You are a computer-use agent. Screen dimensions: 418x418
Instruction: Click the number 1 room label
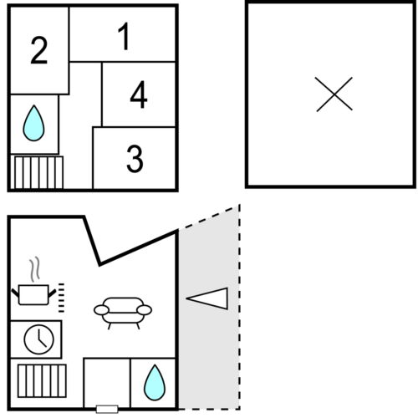click(124, 37)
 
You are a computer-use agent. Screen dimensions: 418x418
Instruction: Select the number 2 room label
click(39, 50)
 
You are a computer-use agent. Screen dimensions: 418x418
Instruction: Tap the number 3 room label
click(135, 159)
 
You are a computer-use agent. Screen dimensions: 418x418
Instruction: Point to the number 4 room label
click(139, 94)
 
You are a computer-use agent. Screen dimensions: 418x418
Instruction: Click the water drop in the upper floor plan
click(33, 123)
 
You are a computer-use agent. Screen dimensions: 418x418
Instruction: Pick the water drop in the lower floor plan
click(155, 382)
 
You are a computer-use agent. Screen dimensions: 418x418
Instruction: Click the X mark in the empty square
click(334, 94)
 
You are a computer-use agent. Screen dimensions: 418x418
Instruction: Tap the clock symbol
click(39, 339)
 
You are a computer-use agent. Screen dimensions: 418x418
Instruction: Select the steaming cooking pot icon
click(33, 281)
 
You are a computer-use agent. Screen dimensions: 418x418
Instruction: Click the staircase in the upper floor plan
click(38, 172)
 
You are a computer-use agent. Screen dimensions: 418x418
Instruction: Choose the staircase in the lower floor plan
click(42, 380)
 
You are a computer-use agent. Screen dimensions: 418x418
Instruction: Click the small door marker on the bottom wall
click(107, 409)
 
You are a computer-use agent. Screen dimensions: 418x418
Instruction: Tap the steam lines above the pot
click(34, 268)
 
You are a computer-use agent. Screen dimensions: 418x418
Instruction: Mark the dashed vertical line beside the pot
click(61, 298)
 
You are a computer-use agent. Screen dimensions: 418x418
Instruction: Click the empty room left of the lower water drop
click(107, 382)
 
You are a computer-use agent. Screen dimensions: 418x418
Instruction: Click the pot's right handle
click(52, 293)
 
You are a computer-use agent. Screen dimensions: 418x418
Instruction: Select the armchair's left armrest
click(101, 310)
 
